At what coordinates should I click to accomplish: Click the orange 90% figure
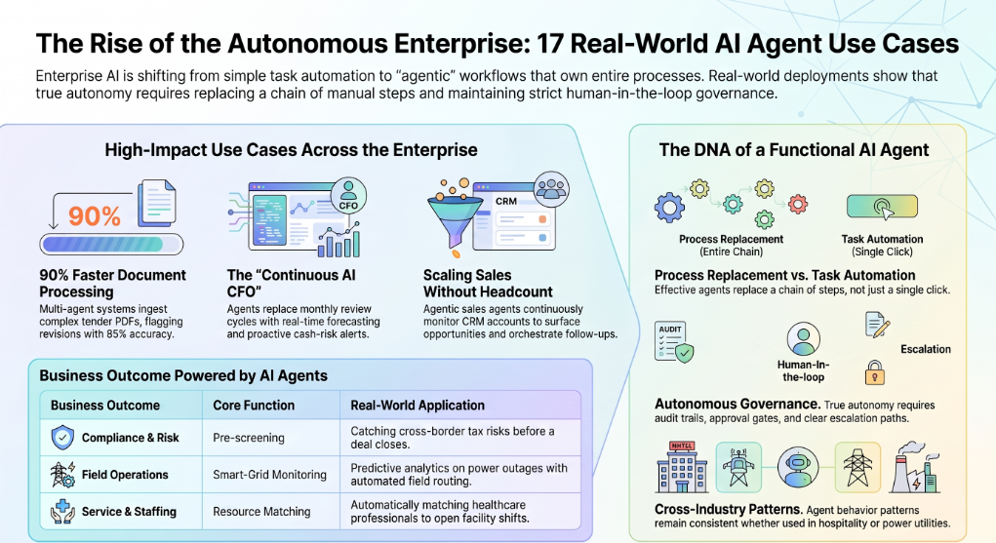pyautogui.click(x=94, y=216)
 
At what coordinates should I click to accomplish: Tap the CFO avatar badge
pyautogui.click(x=348, y=195)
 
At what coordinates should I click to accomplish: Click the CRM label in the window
pyautogui.click(x=505, y=202)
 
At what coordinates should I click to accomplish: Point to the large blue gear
pyautogui.click(x=669, y=207)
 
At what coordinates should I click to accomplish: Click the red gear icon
pyautogui.click(x=798, y=204)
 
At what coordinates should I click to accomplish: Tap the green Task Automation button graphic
pyautogui.click(x=882, y=207)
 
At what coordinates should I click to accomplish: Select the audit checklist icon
pyautogui.click(x=674, y=341)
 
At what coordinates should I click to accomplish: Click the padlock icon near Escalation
pyautogui.click(x=874, y=372)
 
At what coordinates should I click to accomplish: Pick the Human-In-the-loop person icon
pyautogui.click(x=803, y=338)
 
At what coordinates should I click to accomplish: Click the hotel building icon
pyautogui.click(x=682, y=467)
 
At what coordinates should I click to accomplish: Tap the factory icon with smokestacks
pyautogui.click(x=915, y=468)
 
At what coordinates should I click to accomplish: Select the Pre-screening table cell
pyautogui.click(x=249, y=438)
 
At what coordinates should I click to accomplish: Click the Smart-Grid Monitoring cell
pyautogui.click(x=269, y=475)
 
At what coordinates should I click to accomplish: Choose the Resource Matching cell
pyautogui.click(x=261, y=511)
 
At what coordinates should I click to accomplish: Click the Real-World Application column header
pyautogui.click(x=418, y=406)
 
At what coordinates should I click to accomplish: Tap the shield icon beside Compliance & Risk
pyautogui.click(x=62, y=437)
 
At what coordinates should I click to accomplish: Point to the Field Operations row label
pyautogui.click(x=125, y=475)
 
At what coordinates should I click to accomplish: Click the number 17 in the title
pyautogui.click(x=549, y=44)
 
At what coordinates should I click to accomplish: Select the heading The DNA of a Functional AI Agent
pyautogui.click(x=793, y=150)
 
